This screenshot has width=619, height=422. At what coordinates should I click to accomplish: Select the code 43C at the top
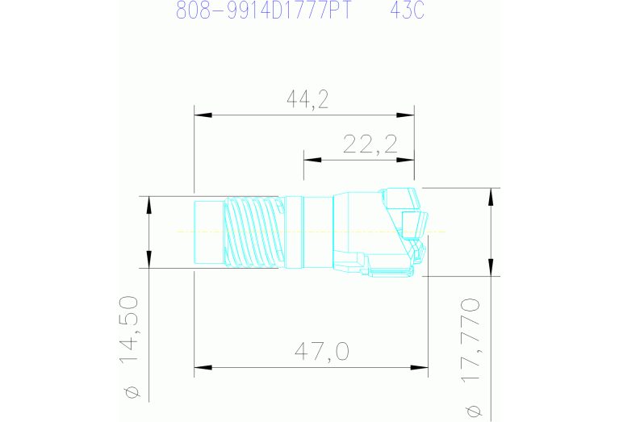pyautogui.click(x=408, y=11)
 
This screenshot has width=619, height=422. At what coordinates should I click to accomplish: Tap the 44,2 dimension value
pyautogui.click(x=307, y=99)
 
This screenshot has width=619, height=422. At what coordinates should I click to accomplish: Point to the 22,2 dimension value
pyautogui.click(x=370, y=144)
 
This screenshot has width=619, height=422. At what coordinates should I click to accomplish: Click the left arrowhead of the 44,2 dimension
pyautogui.click(x=203, y=115)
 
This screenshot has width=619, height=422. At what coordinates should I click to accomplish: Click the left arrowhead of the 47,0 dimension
pyautogui.click(x=203, y=369)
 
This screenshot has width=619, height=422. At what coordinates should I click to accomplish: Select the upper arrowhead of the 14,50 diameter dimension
pyautogui.click(x=148, y=204)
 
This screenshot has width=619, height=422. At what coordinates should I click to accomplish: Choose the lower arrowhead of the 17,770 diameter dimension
pyautogui.click(x=489, y=267)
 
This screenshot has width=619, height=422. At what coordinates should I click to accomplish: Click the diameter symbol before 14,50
pyautogui.click(x=133, y=393)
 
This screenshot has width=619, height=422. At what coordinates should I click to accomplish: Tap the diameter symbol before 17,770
pyautogui.click(x=473, y=412)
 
